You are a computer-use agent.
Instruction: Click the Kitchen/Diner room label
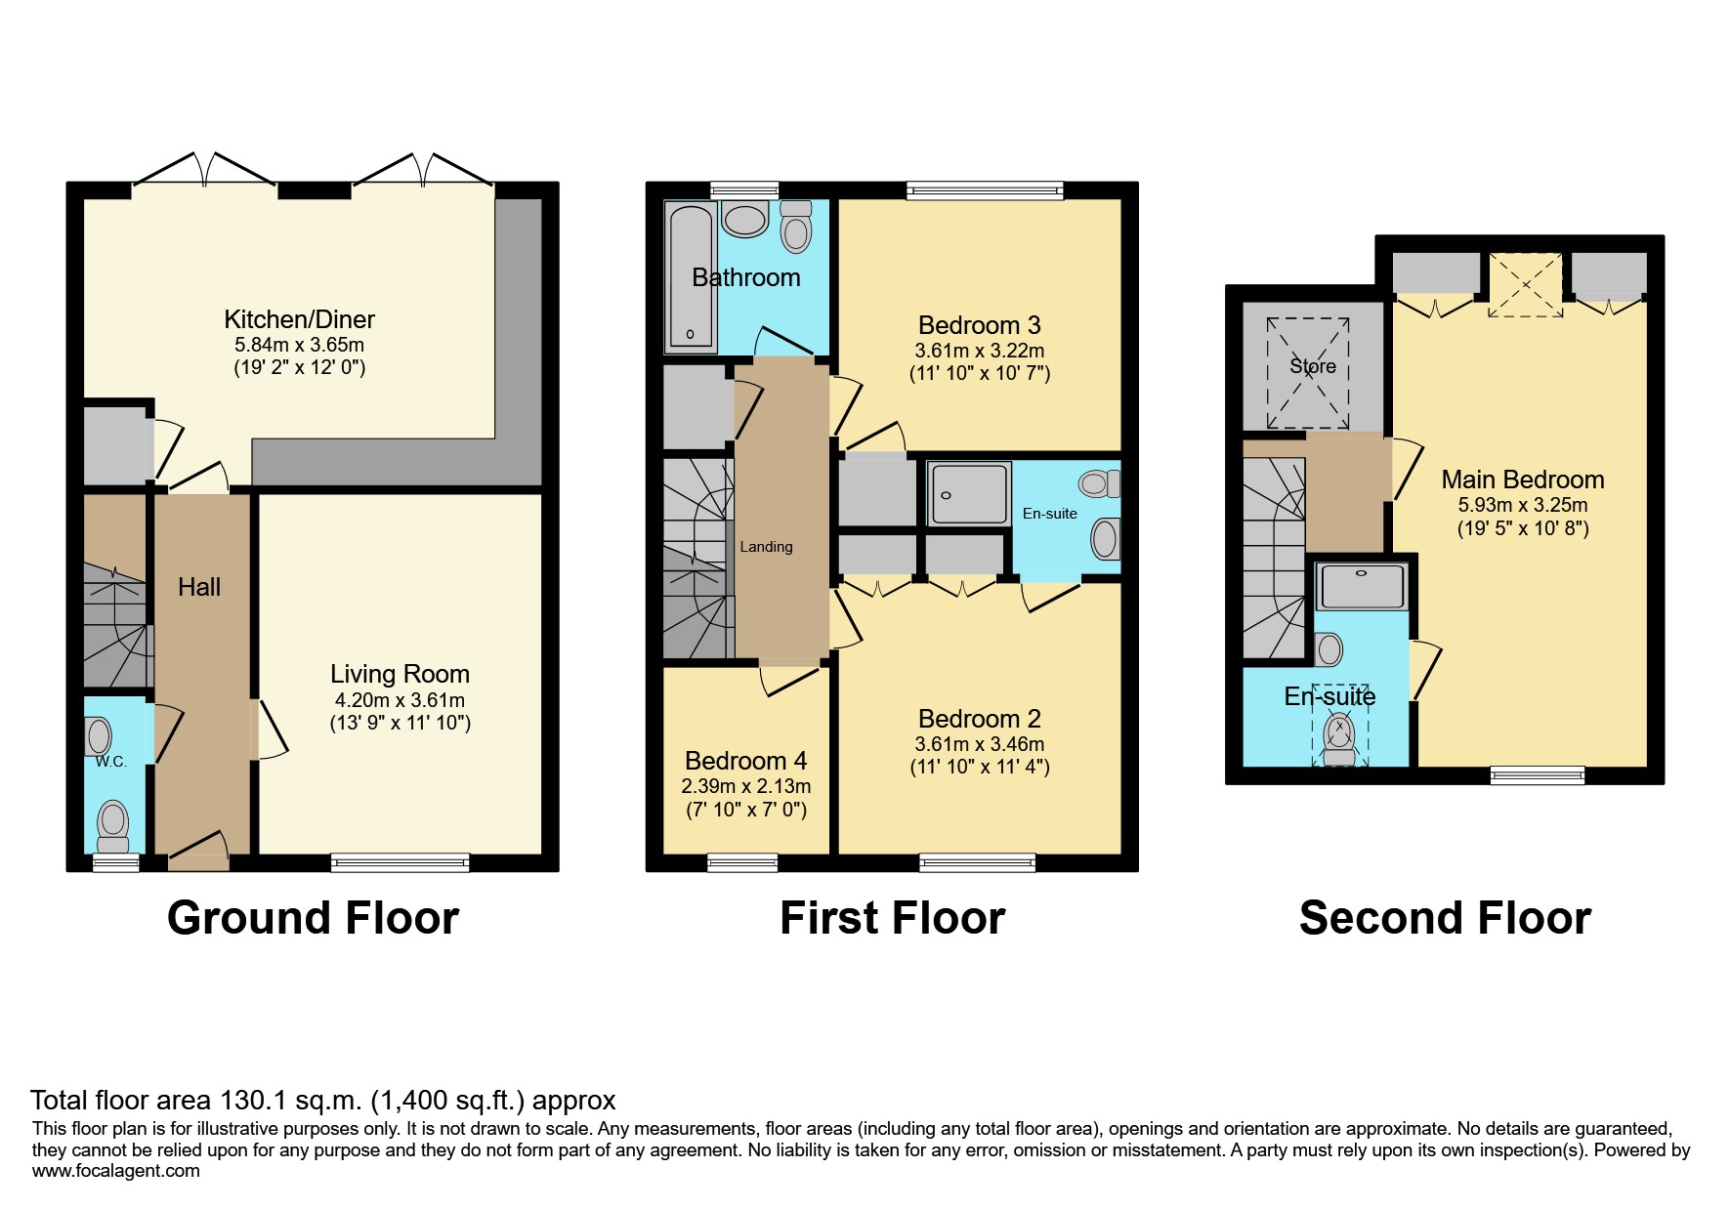[x=299, y=319]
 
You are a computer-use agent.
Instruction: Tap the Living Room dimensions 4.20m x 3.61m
[x=400, y=700]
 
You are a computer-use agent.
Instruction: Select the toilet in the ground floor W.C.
[x=114, y=826]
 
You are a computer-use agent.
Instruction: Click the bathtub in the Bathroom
[x=691, y=275]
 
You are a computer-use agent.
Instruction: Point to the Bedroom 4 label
[x=745, y=761]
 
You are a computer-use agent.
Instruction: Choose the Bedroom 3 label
[x=979, y=325]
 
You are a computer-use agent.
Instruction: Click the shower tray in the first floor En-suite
[x=968, y=494]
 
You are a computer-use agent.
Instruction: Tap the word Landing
[x=766, y=547]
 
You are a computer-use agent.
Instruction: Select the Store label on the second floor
[x=1312, y=366]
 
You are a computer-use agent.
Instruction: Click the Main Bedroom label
[x=1522, y=480]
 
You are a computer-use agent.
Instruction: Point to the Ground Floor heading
[x=313, y=918]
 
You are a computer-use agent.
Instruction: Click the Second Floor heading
[x=1445, y=918]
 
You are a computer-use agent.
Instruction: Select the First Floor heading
[x=892, y=918]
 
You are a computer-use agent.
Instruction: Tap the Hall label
[x=199, y=587]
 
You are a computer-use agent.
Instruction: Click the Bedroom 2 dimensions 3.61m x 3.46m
[x=979, y=744]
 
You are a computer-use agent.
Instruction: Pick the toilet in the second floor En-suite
[x=1339, y=738]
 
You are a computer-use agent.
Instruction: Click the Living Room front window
[x=400, y=862]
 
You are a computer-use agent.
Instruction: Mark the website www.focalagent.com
[x=116, y=1171]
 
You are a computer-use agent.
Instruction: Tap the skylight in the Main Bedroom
[x=1525, y=284]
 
